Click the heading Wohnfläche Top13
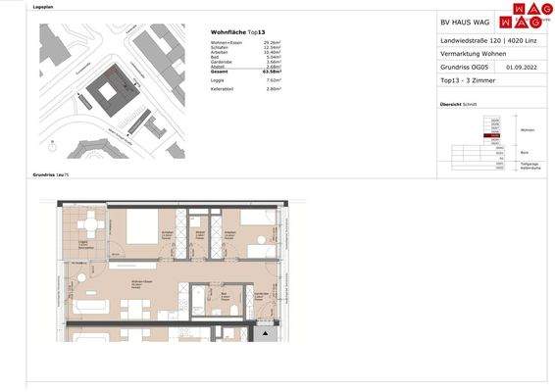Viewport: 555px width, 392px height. click(x=238, y=32)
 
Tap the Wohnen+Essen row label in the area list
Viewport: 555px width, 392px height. click(x=227, y=43)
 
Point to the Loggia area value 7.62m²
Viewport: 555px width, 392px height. click(x=274, y=80)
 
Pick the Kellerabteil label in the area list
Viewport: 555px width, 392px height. click(x=224, y=88)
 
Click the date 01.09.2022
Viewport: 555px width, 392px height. click(x=522, y=68)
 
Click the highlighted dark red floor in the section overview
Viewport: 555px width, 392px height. click(x=495, y=136)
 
